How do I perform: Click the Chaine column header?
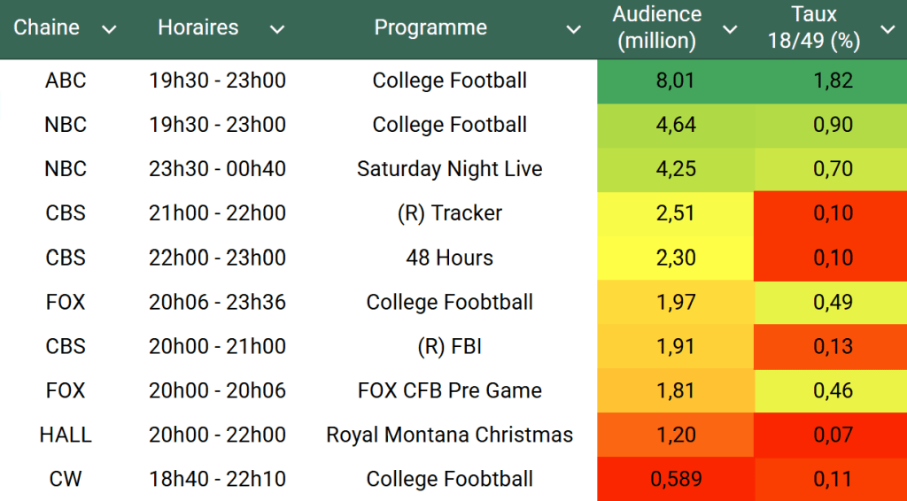coord(46,27)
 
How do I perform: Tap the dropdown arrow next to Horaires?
coord(277,30)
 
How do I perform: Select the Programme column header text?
coord(430,27)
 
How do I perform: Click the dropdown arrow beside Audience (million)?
coord(730,30)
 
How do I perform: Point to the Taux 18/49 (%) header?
coord(814,27)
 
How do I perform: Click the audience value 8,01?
coord(676,81)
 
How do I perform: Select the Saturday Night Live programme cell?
coord(449,169)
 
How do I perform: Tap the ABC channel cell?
coord(66,81)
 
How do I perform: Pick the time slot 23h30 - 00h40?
coord(217,169)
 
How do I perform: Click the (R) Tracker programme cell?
coord(449,213)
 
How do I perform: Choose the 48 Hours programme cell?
coord(449,258)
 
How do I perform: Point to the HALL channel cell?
coord(66,435)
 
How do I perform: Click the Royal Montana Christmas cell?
coord(449,435)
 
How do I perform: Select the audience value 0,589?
coord(676,479)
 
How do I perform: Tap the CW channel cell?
coord(66,479)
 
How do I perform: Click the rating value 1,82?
coord(833,81)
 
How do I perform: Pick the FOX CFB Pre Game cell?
coord(449,390)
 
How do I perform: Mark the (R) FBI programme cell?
coord(449,346)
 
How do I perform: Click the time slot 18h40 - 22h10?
coord(217,479)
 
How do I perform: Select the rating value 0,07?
coord(833,435)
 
